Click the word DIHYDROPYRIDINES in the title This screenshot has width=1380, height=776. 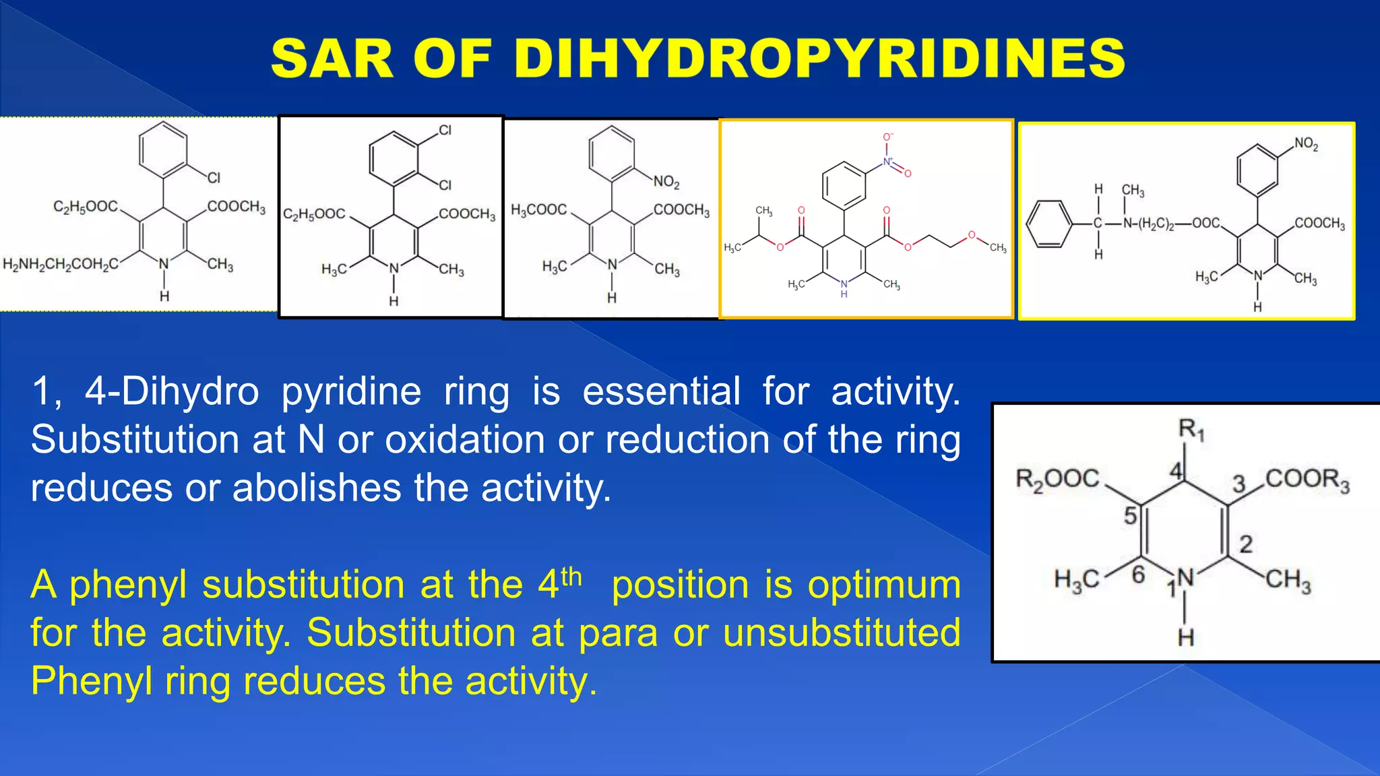pos(819,59)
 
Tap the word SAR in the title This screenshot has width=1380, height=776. pos(332,59)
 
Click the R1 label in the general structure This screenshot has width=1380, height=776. pos(1191,429)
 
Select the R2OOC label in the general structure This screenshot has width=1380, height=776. pos(1057,480)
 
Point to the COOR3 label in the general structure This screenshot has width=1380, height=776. pos(1307,480)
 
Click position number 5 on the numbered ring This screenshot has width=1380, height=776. pos(1130,516)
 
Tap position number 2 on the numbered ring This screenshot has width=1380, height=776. pos(1246,544)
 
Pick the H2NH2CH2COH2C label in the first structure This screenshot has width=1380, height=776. pos(61,264)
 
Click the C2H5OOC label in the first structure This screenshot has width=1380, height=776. pos(86,206)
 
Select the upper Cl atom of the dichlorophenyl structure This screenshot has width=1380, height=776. pos(445,131)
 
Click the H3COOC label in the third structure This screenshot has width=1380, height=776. pos(538,210)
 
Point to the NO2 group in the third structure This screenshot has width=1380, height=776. pos(666,182)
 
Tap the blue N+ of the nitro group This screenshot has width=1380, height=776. pos(888,162)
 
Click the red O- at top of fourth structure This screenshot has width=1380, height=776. pos(887,137)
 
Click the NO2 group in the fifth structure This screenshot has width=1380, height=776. pos(1306,143)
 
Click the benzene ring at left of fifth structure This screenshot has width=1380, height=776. pos(1048,224)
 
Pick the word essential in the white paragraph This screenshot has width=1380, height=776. pos(660,391)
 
